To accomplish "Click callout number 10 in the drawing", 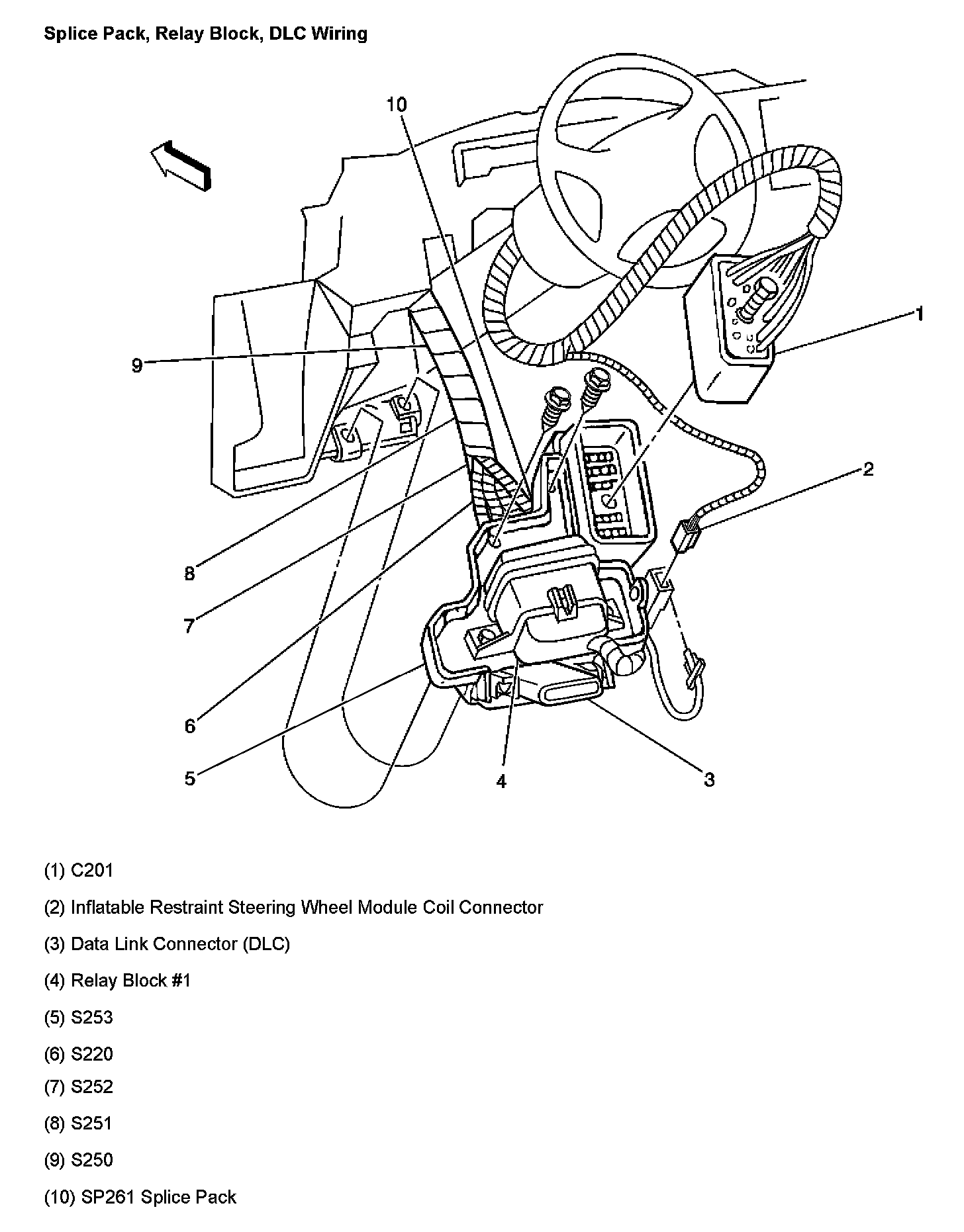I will pos(397,105).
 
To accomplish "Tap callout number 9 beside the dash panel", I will pos(137,365).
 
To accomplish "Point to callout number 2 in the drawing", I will pos(868,469).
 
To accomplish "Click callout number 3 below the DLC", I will pos(709,779).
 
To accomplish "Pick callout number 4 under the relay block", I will pos(501,781).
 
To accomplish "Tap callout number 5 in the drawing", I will pos(190,779).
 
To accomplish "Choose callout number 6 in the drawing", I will pos(190,726).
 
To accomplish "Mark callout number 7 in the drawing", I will pos(189,625).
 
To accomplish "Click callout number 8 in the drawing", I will pos(190,573).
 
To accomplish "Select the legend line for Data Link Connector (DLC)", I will pos(167,944).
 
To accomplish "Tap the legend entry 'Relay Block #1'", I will pos(117,980).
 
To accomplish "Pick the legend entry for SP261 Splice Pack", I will pos(140,1197).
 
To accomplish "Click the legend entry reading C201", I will pos(79,870).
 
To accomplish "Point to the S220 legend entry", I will pos(79,1053).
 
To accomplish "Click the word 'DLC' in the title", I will pos(286,33).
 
